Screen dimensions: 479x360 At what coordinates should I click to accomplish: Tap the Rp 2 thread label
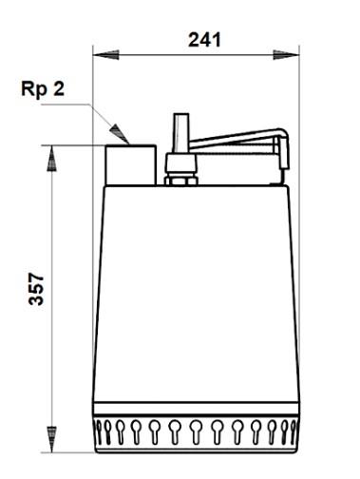[x=43, y=91]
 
